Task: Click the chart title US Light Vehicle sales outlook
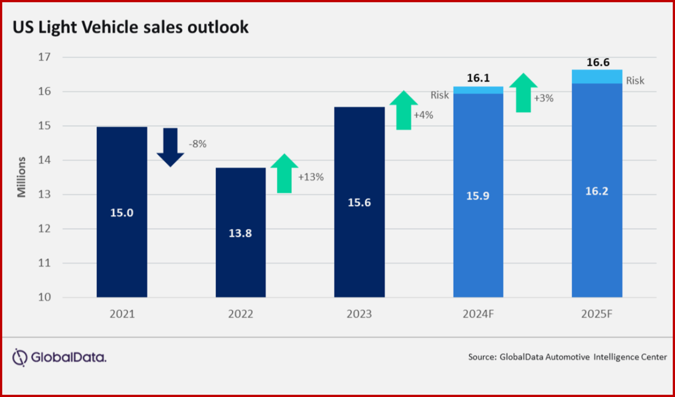click(131, 27)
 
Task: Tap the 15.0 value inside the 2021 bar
click(122, 213)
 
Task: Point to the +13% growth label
click(311, 177)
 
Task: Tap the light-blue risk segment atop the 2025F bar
click(597, 77)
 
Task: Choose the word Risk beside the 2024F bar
click(440, 95)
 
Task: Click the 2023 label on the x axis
click(359, 314)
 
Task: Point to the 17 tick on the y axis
click(45, 57)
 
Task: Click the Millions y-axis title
click(22, 177)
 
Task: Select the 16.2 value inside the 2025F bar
click(597, 191)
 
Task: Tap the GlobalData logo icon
click(20, 357)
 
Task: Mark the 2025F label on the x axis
click(597, 314)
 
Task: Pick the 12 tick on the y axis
click(45, 229)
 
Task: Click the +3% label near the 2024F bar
click(544, 98)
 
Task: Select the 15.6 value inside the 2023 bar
click(359, 204)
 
